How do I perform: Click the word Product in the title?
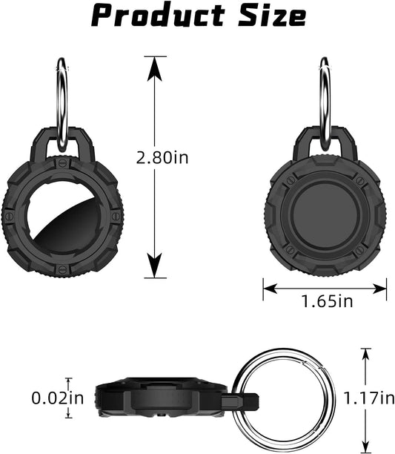click(x=158, y=15)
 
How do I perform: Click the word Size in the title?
click(x=272, y=15)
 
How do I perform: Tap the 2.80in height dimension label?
click(x=162, y=158)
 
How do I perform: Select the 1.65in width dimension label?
click(x=328, y=301)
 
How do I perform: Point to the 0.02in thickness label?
click(x=58, y=398)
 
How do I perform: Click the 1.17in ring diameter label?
click(x=369, y=398)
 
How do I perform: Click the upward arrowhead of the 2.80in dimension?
click(x=155, y=69)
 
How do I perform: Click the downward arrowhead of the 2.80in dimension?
click(x=155, y=266)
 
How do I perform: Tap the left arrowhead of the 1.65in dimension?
click(x=270, y=289)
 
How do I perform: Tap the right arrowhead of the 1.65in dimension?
click(x=379, y=289)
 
